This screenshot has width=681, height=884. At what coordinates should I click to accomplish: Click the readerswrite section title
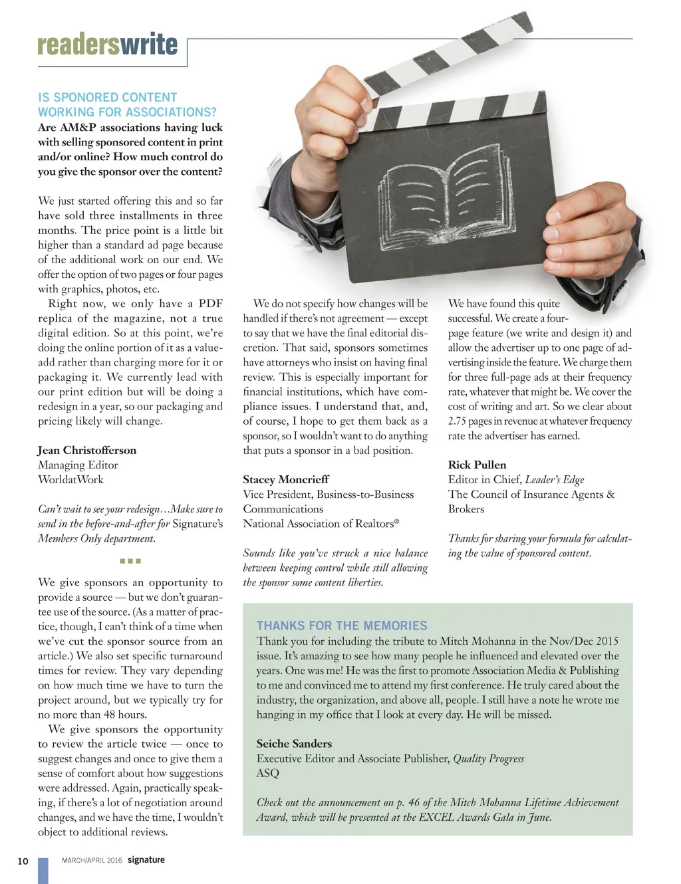[x=107, y=44]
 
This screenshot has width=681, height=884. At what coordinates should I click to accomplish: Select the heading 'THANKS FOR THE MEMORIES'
[x=342, y=625]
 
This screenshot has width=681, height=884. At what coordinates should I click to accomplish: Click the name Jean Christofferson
[x=87, y=450]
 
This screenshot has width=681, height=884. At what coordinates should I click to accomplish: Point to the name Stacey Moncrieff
[x=286, y=479]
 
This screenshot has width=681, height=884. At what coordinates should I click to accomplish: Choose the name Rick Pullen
[x=477, y=465]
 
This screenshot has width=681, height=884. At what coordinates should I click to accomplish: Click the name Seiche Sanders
[x=294, y=744]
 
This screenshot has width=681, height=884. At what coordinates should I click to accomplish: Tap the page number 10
[x=23, y=861]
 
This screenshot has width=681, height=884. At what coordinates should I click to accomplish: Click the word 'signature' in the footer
[x=146, y=859]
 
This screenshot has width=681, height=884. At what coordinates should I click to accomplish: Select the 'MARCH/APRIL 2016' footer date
[x=92, y=860]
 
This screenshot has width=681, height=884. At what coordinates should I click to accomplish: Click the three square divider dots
[x=130, y=561]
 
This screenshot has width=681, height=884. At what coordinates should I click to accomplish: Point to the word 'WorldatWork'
[x=70, y=479]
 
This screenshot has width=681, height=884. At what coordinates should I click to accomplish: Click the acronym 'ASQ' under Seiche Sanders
[x=268, y=773]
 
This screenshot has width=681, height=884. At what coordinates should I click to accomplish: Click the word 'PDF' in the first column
[x=210, y=304]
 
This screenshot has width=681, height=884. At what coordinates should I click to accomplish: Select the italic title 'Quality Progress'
[x=488, y=758]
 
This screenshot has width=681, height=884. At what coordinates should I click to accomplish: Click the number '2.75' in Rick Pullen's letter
[x=458, y=421]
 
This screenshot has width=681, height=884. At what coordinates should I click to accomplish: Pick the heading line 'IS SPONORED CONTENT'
[x=107, y=97]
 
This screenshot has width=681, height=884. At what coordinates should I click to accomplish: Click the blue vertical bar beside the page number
[x=43, y=870]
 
